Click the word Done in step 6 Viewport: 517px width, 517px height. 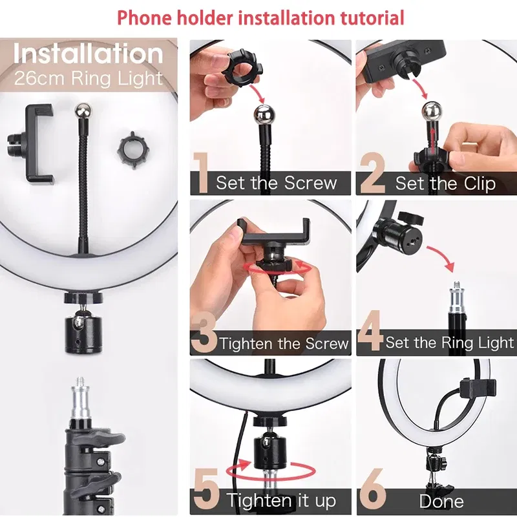(x=441, y=501)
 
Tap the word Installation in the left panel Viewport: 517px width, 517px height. (x=89, y=54)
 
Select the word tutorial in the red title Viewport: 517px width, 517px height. (x=362, y=17)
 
